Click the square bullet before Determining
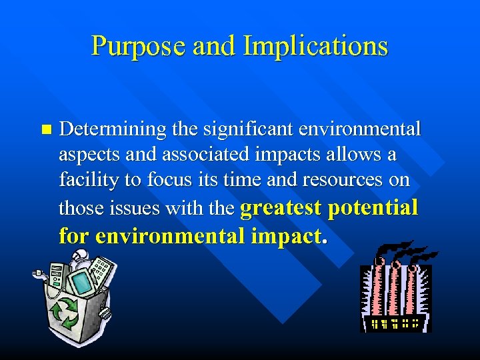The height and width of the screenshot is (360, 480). point(45,128)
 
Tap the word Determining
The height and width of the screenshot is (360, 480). point(109,129)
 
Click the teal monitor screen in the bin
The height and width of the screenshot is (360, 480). point(83,283)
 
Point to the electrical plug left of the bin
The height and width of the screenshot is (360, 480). point(37,273)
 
